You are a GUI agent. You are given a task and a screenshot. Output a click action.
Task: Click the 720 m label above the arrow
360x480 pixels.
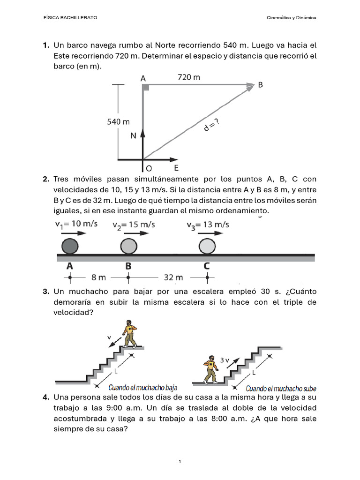[189, 77]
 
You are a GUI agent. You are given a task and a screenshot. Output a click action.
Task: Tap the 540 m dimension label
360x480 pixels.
[118, 122]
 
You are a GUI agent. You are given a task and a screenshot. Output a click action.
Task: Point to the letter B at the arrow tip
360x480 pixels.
[260, 85]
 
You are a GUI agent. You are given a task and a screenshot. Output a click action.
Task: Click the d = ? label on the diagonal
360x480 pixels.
[211, 124]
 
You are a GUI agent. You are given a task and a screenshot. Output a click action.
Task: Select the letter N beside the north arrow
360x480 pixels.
[133, 136]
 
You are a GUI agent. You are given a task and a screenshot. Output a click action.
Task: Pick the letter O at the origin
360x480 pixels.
[149, 168]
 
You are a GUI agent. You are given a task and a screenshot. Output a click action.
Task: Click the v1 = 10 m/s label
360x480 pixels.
[76, 224]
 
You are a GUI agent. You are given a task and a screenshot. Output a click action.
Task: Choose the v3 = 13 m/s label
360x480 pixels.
[208, 225]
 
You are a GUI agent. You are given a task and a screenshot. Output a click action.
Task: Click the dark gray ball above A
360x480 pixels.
[70, 246]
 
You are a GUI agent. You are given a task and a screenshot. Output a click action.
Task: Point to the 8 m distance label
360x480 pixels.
[99, 277]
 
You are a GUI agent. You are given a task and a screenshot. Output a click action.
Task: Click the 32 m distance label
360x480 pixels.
[173, 277]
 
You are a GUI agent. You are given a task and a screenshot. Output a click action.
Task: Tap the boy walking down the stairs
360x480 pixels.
[130, 333]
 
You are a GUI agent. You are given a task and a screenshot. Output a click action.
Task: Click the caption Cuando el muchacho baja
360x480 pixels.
[142, 388]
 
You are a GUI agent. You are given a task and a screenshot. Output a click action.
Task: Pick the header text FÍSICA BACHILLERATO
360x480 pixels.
[70, 17]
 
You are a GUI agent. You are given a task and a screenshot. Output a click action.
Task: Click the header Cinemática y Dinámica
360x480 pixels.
[291, 17]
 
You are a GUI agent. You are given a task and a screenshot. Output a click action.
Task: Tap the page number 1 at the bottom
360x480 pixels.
[180, 462]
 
